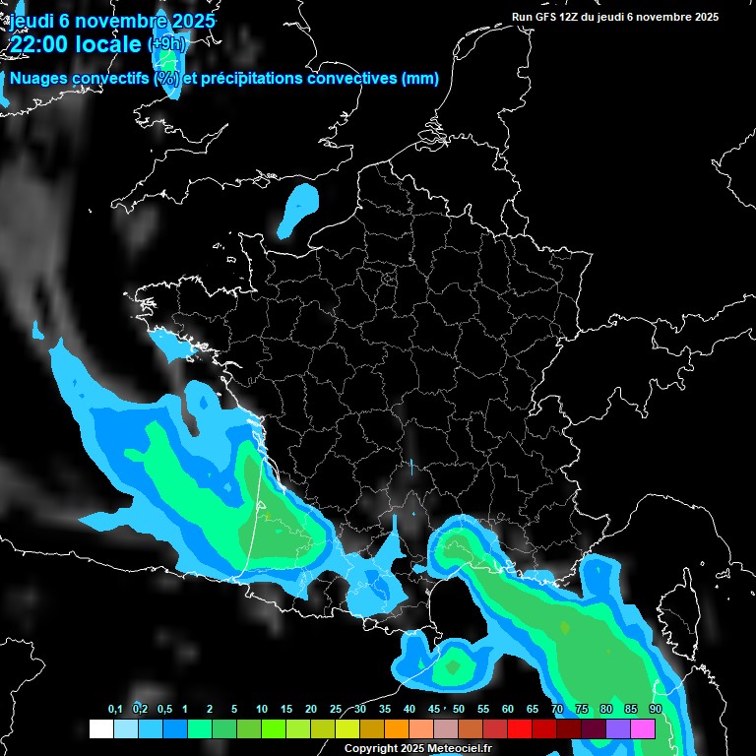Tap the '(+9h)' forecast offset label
click(x=165, y=44)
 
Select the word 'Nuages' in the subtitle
click(x=39, y=79)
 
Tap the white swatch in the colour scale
click(x=100, y=728)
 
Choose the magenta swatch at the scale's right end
click(x=643, y=728)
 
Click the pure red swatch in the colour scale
click(x=520, y=728)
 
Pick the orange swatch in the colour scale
click(x=397, y=728)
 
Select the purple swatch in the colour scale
click(x=618, y=728)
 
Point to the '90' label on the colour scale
click(x=655, y=710)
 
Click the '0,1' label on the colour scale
click(x=114, y=710)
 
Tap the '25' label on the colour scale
click(x=336, y=710)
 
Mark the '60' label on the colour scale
click(x=508, y=710)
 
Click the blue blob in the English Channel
click(x=298, y=210)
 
